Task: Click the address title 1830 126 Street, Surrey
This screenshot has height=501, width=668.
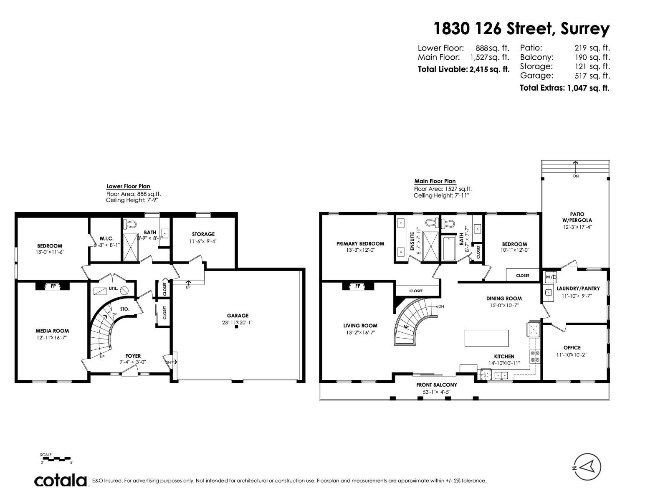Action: pos(521,29)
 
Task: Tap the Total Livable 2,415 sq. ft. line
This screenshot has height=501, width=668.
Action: pos(463,69)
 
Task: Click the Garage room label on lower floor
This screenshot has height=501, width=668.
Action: pos(238,316)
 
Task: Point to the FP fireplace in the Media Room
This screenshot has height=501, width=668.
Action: pos(53,286)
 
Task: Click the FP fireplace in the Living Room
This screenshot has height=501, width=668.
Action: pos(358,286)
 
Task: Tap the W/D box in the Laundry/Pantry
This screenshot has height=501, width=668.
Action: pos(551,277)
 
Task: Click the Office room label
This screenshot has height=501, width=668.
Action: pos(572,347)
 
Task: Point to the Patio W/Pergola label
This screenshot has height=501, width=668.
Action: pos(577,217)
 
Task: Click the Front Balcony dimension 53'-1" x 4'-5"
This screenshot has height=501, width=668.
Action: pos(436,392)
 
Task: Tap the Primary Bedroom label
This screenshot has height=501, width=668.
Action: pos(360,243)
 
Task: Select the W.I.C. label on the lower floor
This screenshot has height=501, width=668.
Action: pos(106,238)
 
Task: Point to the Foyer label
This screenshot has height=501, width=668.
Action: pos(133,356)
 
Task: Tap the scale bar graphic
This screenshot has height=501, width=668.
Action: pos(56,459)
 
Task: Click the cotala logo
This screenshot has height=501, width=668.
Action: pos(61,481)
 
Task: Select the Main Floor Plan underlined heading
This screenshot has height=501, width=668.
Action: pos(435,181)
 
